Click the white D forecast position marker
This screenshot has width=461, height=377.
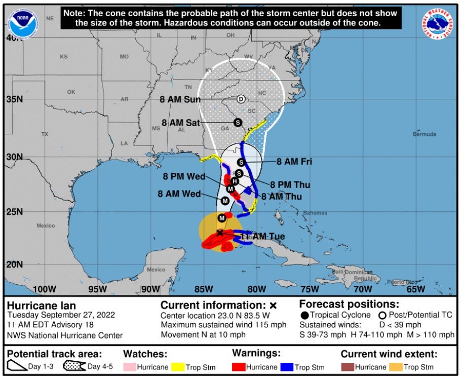pyautogui.click(x=241, y=99)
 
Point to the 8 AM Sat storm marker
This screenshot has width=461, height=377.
pyautogui.click(x=237, y=122)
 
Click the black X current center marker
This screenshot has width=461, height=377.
pyautogui.click(x=219, y=233)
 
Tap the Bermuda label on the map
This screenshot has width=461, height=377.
pyautogui.click(x=424, y=134)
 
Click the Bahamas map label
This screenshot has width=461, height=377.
pyautogui.click(x=315, y=213)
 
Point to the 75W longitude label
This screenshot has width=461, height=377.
pyautogui.click(x=309, y=289)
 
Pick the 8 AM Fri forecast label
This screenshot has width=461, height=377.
pyautogui.click(x=294, y=162)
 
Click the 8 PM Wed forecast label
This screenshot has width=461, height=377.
pyautogui.click(x=184, y=177)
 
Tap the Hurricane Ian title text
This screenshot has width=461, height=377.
pyautogui.click(x=42, y=306)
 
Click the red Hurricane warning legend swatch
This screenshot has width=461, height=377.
pyautogui.click(x=240, y=367)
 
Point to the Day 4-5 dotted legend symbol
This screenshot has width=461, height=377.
pyautogui.click(x=74, y=366)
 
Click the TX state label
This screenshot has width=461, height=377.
pyautogui.click(x=45, y=134)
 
